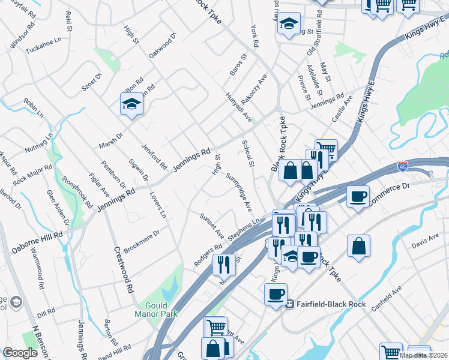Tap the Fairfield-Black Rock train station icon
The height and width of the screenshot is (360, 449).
click(289, 304)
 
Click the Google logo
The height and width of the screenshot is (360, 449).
click(20, 353)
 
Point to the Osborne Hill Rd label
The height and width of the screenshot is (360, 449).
click(37, 240)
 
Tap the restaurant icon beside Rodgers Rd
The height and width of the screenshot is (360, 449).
click(224, 263)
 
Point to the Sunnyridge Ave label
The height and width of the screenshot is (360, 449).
click(240, 192)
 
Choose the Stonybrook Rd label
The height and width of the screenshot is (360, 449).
click(77, 190)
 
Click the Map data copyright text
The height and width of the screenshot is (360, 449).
click(424, 355)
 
